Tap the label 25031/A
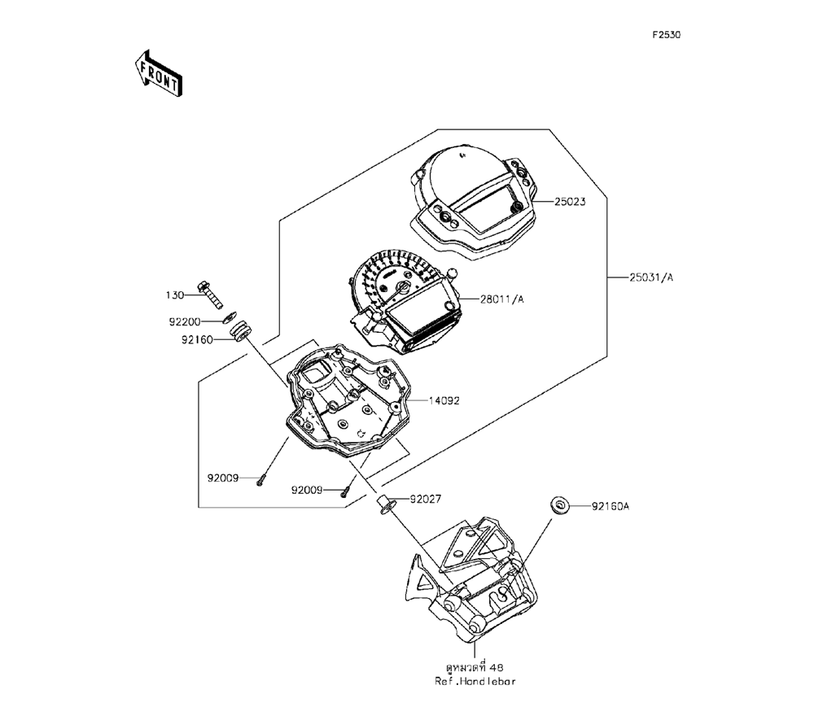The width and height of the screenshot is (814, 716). (650, 277)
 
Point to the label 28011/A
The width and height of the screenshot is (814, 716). (496, 299)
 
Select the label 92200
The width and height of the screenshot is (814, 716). (185, 321)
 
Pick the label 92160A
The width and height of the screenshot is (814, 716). (610, 506)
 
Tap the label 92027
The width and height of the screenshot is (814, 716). (424, 499)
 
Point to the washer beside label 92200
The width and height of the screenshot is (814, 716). (231, 317)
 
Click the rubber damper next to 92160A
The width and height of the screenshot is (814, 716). (558, 505)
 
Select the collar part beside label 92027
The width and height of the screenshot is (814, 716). (385, 504)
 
